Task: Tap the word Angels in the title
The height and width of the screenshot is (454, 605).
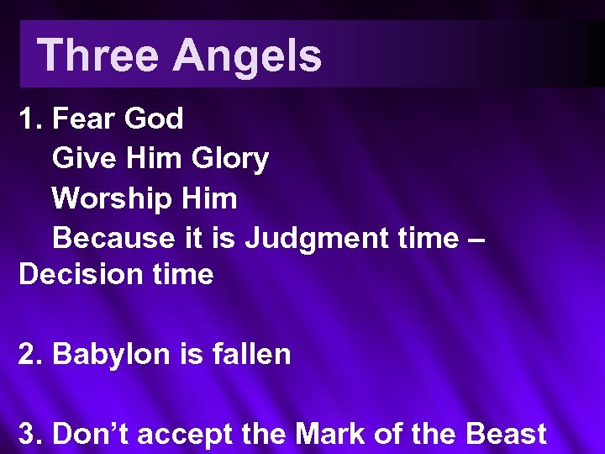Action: point(247,55)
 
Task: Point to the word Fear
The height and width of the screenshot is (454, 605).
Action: point(84,119)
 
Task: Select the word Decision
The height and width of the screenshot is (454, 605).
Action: point(73,274)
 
